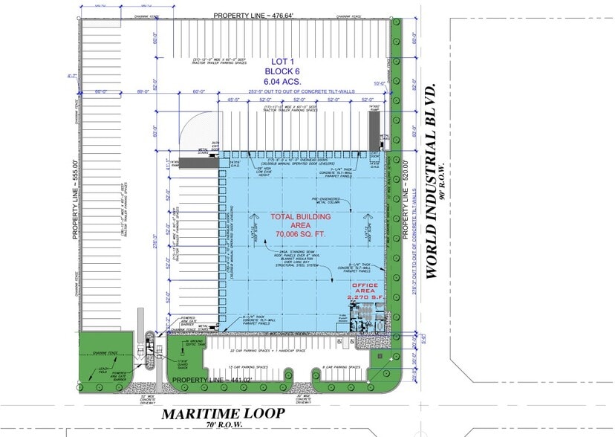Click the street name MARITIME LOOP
coord(223,413)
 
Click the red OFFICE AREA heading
coord(365,290)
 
